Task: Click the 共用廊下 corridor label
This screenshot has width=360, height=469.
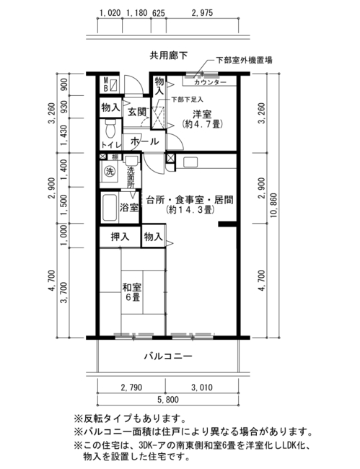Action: coord(169,56)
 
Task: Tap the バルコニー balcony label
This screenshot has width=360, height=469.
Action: coord(168,356)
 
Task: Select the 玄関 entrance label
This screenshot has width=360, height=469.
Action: coord(137,112)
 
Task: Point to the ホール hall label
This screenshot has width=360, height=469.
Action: coord(145,141)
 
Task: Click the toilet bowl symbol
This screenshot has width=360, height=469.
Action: coord(111,129)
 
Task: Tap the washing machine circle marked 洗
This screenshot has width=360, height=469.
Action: coord(110,172)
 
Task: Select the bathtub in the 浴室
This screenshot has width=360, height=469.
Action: coord(109,208)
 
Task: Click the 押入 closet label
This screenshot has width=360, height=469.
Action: coord(120,237)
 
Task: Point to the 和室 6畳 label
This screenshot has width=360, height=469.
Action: coord(132,292)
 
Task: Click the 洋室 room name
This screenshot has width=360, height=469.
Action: coord(202,114)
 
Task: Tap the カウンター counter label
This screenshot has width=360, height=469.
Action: coord(210,82)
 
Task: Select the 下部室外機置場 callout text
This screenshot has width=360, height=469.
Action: coord(245,61)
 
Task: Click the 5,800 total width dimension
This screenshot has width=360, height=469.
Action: coord(168,400)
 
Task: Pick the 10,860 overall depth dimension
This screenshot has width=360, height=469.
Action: coord(273,205)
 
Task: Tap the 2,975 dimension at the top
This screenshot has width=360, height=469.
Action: coord(203,13)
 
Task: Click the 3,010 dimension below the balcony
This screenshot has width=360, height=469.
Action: coord(202,387)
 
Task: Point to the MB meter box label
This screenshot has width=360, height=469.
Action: coord(105,84)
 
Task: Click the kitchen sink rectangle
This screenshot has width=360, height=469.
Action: coord(190,162)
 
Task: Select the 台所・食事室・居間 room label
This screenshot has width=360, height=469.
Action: coord(190,200)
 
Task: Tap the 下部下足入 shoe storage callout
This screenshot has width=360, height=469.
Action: coord(187,100)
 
